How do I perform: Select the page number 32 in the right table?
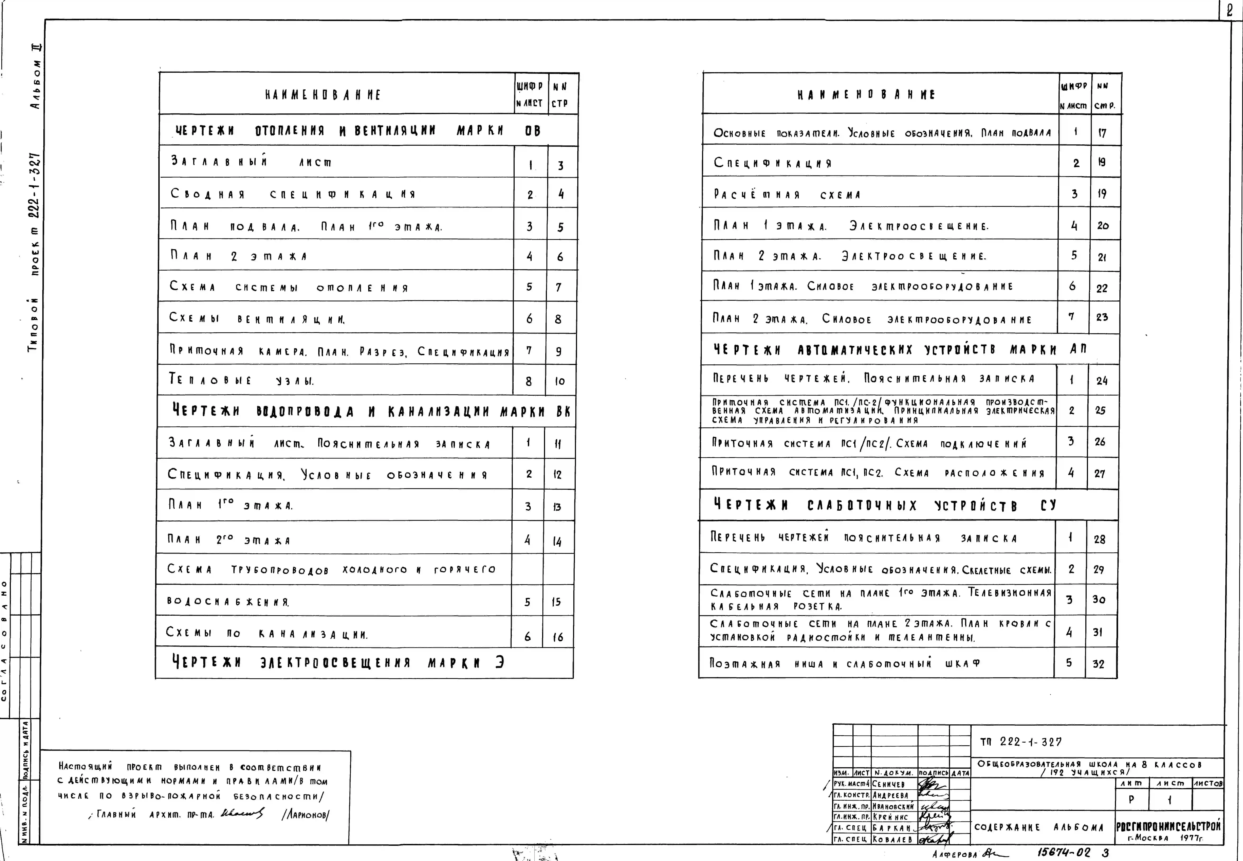[x=1099, y=664]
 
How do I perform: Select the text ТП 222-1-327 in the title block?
[x=1020, y=742]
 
